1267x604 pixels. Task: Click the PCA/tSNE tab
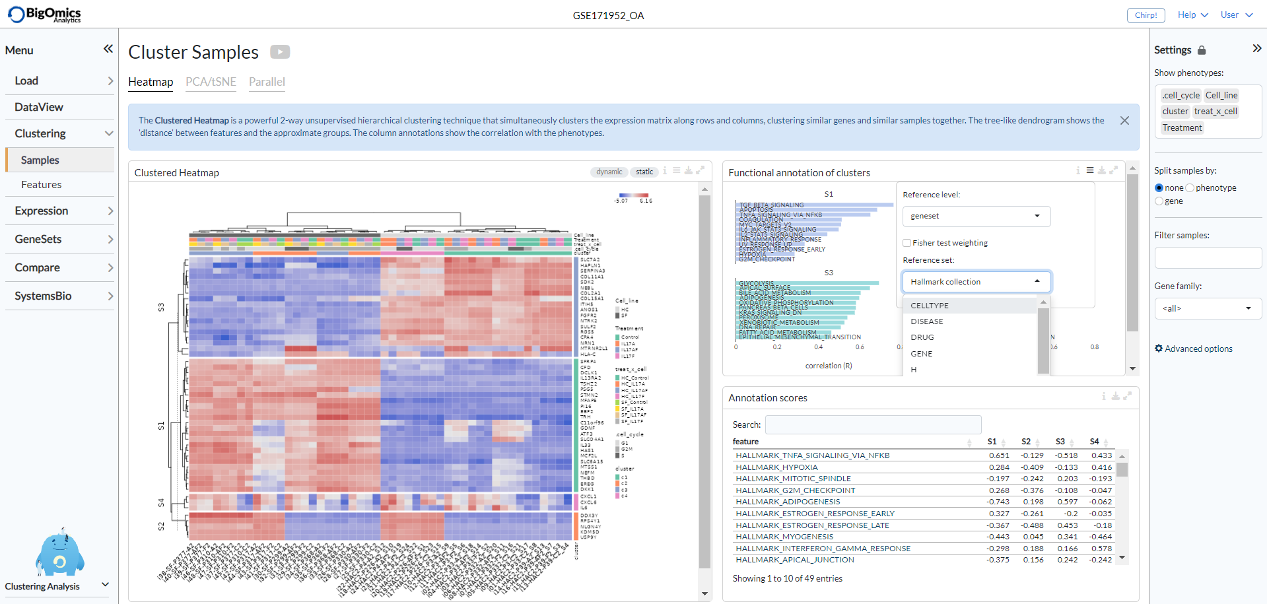[x=211, y=82]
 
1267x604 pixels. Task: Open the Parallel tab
[x=267, y=82]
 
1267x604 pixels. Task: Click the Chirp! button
[x=1146, y=15]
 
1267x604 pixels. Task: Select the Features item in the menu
[x=41, y=185]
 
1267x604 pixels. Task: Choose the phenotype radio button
[x=1190, y=188]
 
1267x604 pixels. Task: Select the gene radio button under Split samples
[x=1159, y=201]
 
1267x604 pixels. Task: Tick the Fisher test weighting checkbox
[x=907, y=243]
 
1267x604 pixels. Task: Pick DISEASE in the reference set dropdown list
[x=927, y=321]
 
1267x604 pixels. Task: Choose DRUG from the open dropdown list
[x=922, y=337]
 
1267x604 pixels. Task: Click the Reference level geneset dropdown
[x=975, y=216]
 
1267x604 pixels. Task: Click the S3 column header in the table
[x=1060, y=442]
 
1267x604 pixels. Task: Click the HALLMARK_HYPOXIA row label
[x=776, y=467]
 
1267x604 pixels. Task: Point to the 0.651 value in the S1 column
[x=999, y=455]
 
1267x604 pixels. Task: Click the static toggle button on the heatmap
[x=644, y=172]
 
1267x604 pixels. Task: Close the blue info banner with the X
[x=1124, y=121]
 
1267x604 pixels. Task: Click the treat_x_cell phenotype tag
[x=1216, y=112]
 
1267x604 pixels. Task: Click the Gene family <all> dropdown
[x=1208, y=308]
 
